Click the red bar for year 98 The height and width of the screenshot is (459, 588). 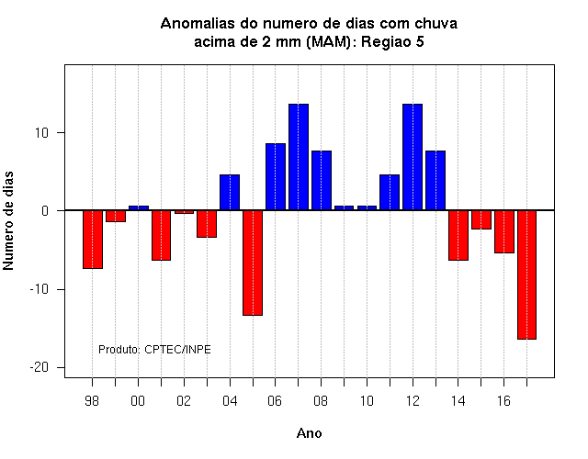coord(93,240)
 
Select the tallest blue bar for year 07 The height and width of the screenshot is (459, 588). coord(299,157)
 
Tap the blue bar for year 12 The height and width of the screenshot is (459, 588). coord(413,157)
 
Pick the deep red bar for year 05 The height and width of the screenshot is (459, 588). coord(253,263)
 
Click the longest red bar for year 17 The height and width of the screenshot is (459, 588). coord(526,274)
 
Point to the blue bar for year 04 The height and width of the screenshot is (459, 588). coord(230,193)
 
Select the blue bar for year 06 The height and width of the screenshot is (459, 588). coord(276,177)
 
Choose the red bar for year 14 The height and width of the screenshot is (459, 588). coord(458,235)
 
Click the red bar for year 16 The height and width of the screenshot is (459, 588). coord(504,231)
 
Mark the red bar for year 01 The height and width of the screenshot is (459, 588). coord(162,235)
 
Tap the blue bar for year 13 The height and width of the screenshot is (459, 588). coord(435,181)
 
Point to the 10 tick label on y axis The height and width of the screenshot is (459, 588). coord(42,132)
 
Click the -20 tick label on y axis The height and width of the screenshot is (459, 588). coord(40,367)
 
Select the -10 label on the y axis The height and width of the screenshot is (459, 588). coord(40,289)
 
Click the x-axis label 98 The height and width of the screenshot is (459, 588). coord(92,401)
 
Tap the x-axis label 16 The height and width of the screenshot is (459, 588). coord(503,401)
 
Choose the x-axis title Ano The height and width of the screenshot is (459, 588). coord(309,433)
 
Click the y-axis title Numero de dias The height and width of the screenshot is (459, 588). coord(8,220)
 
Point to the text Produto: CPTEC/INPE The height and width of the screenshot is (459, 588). coord(154,350)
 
